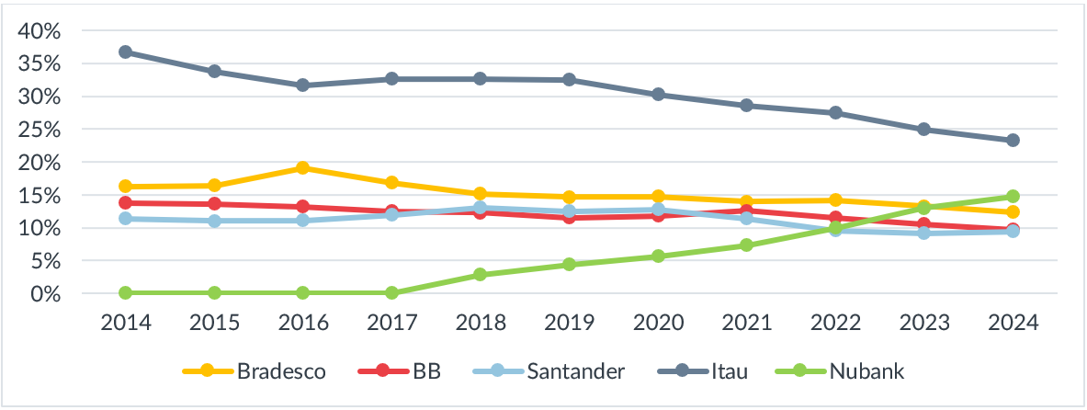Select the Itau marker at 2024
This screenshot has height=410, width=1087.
click(x=1013, y=141)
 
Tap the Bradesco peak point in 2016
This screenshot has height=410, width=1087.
click(x=303, y=168)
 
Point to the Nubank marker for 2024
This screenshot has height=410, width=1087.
click(x=1013, y=197)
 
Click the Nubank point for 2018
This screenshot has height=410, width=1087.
click(x=481, y=275)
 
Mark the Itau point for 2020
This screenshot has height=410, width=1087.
click(x=658, y=95)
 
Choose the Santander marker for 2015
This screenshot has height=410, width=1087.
click(x=214, y=221)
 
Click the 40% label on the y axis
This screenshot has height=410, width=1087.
click(x=40, y=31)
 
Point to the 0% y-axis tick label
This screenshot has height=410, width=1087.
click(x=46, y=294)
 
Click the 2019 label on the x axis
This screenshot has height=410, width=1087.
click(x=570, y=324)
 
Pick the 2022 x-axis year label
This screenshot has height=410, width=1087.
click(x=835, y=324)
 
